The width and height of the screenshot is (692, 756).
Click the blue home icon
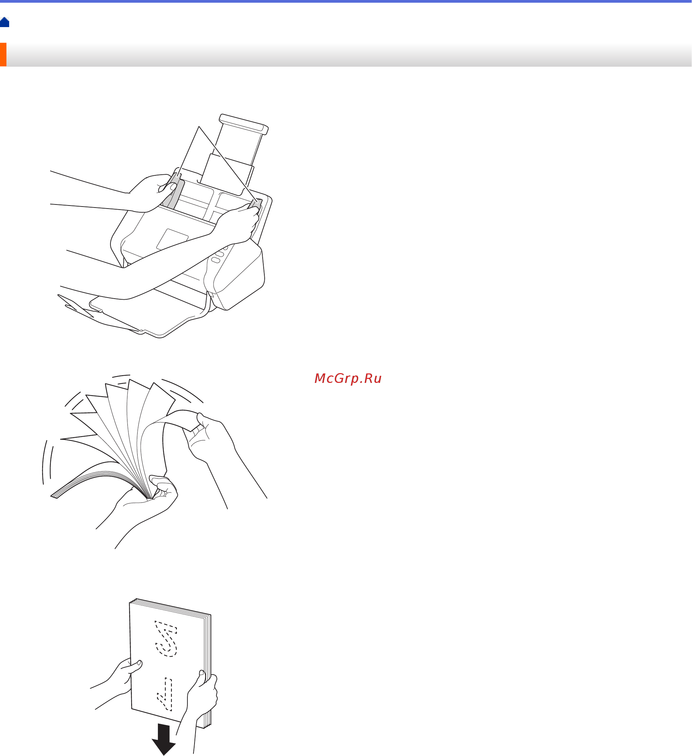(4, 22)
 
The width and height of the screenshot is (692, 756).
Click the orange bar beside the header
(3, 55)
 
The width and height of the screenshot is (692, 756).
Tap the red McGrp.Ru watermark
(348, 379)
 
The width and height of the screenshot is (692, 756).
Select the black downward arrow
(164, 739)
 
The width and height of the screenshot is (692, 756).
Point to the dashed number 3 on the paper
(165, 639)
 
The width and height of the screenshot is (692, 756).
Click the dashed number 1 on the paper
(165, 694)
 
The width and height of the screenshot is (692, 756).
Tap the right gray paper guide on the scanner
(255, 204)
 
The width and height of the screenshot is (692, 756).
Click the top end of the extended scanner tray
(244, 124)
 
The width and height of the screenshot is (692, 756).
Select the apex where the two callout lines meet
(199, 127)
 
